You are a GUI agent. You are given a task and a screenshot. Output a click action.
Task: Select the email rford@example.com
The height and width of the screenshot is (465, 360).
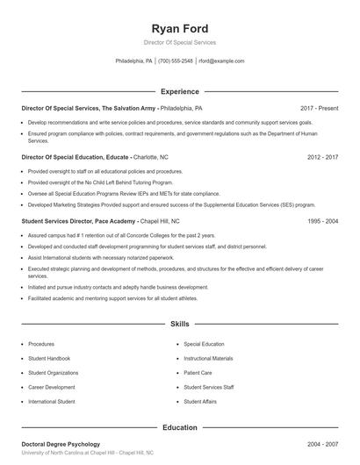click(x=221, y=61)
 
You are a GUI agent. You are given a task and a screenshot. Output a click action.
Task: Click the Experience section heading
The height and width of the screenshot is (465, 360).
click(x=180, y=91)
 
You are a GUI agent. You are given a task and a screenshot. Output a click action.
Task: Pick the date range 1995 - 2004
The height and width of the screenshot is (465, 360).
click(x=321, y=222)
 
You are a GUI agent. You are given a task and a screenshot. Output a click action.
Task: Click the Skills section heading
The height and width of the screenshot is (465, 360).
click(x=180, y=324)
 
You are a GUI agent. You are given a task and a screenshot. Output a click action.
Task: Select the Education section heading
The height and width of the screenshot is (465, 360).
click(x=180, y=428)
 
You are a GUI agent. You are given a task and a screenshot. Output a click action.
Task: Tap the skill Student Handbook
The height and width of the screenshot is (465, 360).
click(x=49, y=358)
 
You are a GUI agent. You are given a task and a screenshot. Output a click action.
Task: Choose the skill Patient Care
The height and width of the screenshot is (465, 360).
click(x=198, y=372)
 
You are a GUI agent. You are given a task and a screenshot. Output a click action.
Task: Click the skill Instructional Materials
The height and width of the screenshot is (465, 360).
click(x=208, y=358)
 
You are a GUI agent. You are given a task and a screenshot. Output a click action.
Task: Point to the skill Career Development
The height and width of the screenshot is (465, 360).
click(x=52, y=386)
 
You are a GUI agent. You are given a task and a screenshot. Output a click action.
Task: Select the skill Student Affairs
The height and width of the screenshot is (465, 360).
click(x=200, y=401)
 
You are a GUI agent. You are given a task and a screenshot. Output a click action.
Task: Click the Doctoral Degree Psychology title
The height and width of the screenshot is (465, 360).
click(x=61, y=445)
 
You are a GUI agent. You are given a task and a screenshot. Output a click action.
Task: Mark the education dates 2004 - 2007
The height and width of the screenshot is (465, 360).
click(x=321, y=445)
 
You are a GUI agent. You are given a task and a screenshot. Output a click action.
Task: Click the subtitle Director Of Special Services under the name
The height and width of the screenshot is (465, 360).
click(x=179, y=42)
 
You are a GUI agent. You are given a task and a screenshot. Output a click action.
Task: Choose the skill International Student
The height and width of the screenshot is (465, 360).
click(x=51, y=401)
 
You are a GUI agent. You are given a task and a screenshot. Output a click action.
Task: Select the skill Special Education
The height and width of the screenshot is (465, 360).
click(x=204, y=344)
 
